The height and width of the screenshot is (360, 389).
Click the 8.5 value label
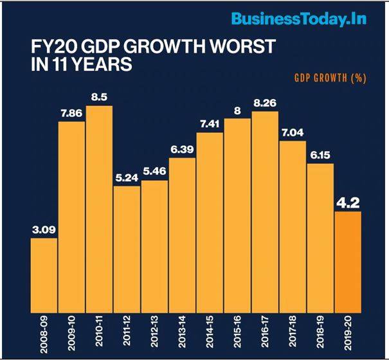[99, 98]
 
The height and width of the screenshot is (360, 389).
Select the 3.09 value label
[44, 230]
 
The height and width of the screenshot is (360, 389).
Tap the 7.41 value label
[210, 125]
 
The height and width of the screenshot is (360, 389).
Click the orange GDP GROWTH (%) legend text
[330, 78]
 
